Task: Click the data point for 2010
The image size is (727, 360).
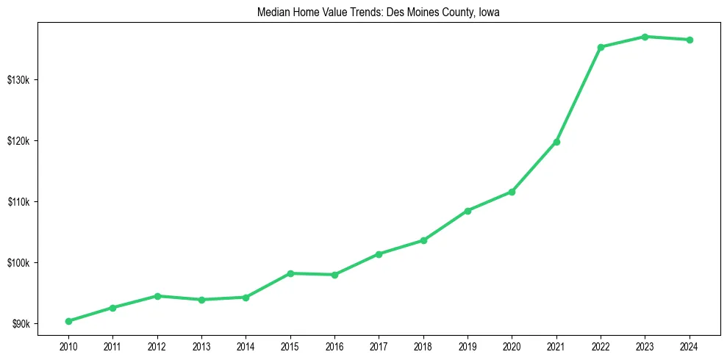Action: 68,321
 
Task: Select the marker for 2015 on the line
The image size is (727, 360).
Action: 290,273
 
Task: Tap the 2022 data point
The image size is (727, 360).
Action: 601,47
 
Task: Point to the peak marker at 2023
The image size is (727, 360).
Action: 645,37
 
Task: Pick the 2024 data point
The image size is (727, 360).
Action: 690,40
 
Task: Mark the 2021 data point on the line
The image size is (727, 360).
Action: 556,142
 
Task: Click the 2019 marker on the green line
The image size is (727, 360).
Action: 468,211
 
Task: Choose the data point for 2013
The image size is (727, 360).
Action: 201,300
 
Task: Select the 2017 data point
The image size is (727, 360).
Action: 379,254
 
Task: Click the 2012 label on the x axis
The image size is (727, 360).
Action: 157,346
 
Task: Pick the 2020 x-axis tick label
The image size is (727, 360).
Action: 512,346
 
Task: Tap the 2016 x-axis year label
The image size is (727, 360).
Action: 334,346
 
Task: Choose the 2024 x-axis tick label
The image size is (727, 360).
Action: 690,346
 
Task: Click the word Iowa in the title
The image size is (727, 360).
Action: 489,12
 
